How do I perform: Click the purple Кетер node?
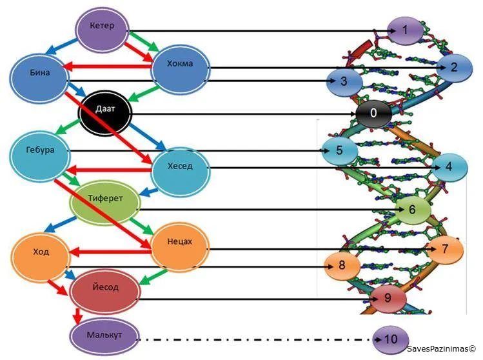(103, 26)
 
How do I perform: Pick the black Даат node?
(105, 113)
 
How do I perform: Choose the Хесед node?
(181, 167)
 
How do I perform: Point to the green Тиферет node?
(105, 197)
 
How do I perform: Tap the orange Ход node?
(40, 252)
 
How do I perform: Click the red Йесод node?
(104, 285)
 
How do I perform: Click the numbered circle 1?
(405, 30)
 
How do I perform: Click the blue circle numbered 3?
(343, 81)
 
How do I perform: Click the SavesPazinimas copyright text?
(442, 349)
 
